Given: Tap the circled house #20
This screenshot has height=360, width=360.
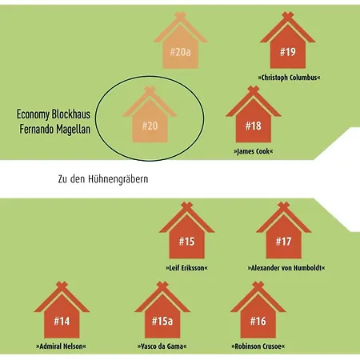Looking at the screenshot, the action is coord(150,118).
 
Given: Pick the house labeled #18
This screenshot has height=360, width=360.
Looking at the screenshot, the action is coord(253,118).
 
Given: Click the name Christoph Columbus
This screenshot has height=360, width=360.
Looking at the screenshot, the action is coord(289,78).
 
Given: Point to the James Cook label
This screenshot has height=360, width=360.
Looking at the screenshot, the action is coord(254,151).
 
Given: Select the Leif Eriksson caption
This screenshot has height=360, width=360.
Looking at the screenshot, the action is coord(186,268).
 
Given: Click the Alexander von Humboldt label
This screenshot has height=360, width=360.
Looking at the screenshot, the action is coord(286,268).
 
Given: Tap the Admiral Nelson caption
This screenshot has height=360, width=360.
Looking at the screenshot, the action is coord(61,346).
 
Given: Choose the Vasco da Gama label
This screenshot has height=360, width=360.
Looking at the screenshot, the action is coord(162,346).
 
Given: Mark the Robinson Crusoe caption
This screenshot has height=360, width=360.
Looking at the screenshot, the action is coord(258,346).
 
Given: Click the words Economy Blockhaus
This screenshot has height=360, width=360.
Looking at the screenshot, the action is coord(54,114).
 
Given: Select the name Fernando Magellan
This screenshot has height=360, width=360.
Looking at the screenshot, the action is coord(55,130).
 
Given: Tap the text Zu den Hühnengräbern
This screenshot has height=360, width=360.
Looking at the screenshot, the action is coord(103,179).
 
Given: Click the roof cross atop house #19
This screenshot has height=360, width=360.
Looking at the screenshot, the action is coord(288,15).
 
